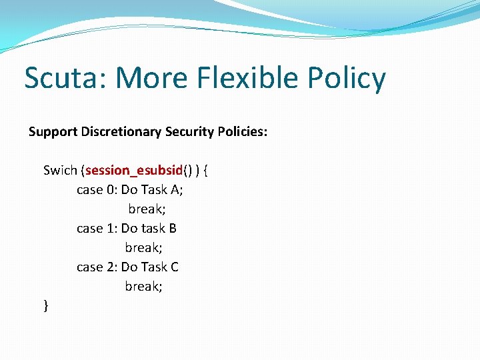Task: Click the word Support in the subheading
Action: click(53, 132)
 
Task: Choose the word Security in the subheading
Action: click(189, 132)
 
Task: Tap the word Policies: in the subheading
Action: click(243, 132)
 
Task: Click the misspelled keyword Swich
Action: click(60, 170)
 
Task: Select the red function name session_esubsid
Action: click(134, 170)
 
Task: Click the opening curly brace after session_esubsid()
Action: click(205, 170)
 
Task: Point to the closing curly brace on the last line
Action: click(45, 305)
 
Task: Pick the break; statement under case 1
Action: click(143, 247)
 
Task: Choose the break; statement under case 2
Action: click(143, 286)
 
